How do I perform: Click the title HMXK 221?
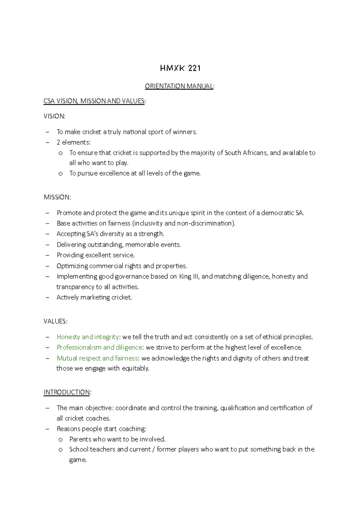pyautogui.click(x=180, y=68)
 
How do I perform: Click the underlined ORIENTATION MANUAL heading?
pyautogui.click(x=179, y=86)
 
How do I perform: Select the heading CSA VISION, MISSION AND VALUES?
pyautogui.click(x=94, y=101)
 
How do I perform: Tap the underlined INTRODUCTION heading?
pyautogui.click(x=67, y=392)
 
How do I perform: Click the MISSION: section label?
pyautogui.click(x=57, y=197)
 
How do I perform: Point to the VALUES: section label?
pyautogui.click(x=55, y=321)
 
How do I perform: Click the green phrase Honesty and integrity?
pyautogui.click(x=88, y=337)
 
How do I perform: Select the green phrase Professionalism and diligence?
pyautogui.click(x=99, y=348)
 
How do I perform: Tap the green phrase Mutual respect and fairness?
pyautogui.click(x=97, y=358)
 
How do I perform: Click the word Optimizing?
pyautogui.click(x=72, y=266)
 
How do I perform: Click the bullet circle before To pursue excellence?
pyautogui.click(x=61, y=173)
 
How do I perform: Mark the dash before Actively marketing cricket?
pyautogui.click(x=47, y=298)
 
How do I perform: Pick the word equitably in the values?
pyautogui.click(x=135, y=369)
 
